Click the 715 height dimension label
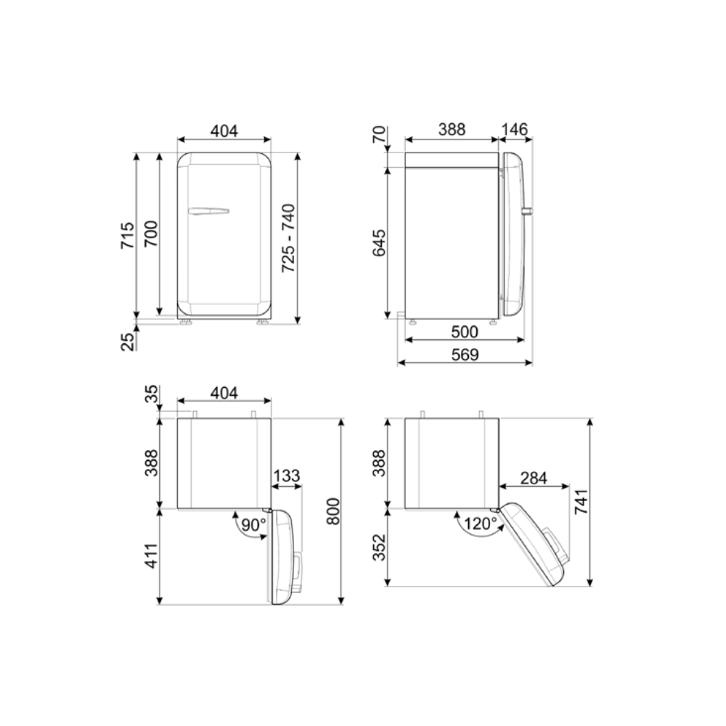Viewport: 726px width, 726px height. pyautogui.click(x=127, y=236)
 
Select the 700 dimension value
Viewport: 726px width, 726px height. pyautogui.click(x=151, y=234)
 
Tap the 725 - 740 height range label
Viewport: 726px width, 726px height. pyautogui.click(x=288, y=238)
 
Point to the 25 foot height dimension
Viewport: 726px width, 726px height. pyautogui.click(x=127, y=342)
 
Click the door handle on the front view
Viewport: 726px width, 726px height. pyautogui.click(x=208, y=211)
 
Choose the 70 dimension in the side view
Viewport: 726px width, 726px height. pyautogui.click(x=379, y=134)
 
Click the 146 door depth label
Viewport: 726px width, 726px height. pyautogui.click(x=514, y=129)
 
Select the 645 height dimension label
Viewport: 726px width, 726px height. pyautogui.click(x=379, y=242)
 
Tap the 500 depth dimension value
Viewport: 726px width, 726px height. pyautogui.click(x=465, y=332)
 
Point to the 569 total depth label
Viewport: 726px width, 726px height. pyautogui.click(x=465, y=354)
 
